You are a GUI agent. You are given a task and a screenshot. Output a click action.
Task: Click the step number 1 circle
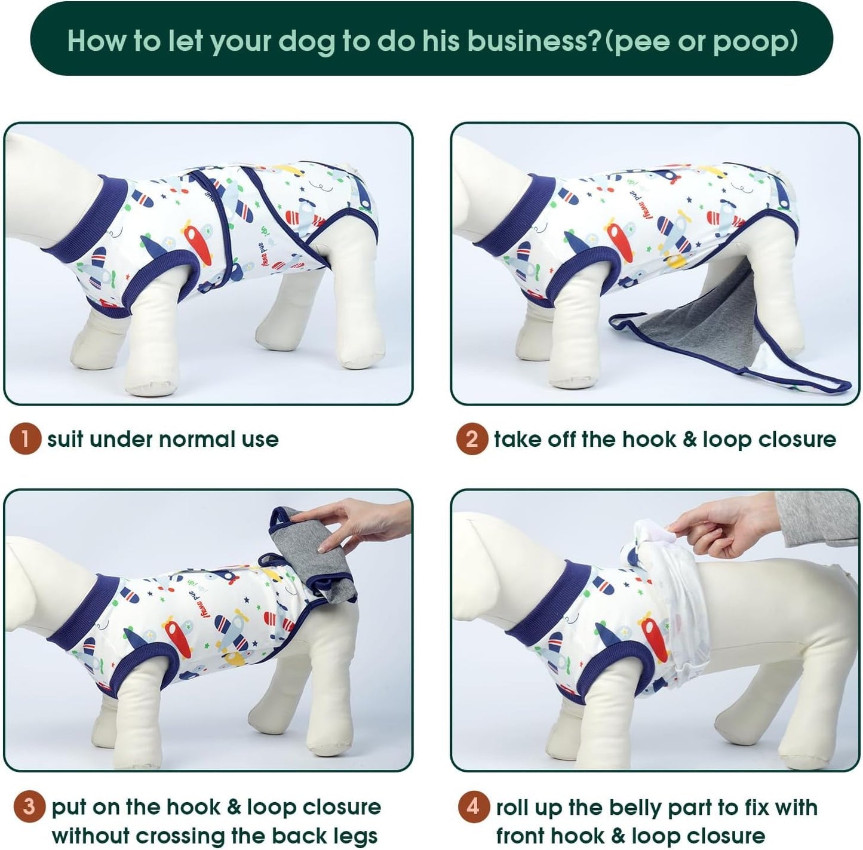pyautogui.click(x=25, y=439)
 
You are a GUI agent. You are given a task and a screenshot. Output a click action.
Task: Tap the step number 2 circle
pyautogui.click(x=472, y=439)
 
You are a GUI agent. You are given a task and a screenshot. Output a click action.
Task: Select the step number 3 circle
pyautogui.click(x=29, y=807)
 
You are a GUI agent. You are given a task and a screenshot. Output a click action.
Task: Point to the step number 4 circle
pyautogui.click(x=474, y=807)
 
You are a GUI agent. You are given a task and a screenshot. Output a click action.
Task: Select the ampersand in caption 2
pyautogui.click(x=690, y=440)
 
